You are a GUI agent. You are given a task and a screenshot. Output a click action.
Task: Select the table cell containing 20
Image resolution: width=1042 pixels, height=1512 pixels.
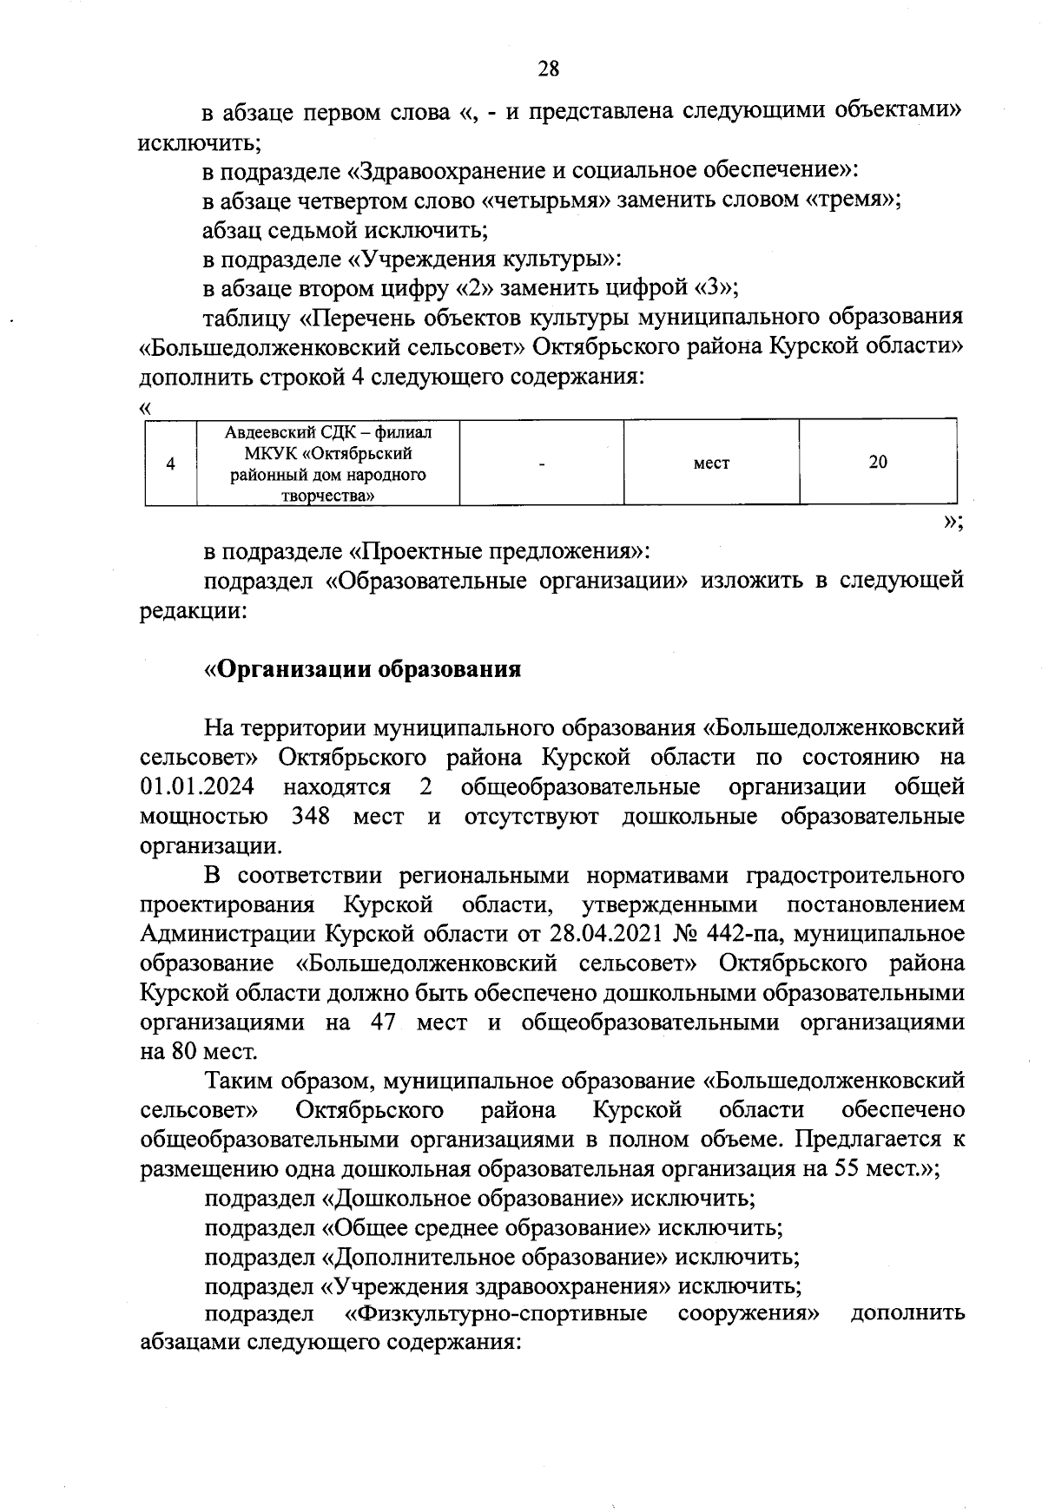[877, 462]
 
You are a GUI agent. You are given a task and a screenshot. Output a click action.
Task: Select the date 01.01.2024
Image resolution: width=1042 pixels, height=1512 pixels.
[197, 787]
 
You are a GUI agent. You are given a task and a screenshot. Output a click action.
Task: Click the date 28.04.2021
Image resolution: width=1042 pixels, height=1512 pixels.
[597, 934]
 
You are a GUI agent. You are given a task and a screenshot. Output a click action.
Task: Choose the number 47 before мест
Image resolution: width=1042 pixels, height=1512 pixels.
[383, 1022]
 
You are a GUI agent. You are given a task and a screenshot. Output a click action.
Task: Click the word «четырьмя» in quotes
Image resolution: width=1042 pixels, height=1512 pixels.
[547, 200]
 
